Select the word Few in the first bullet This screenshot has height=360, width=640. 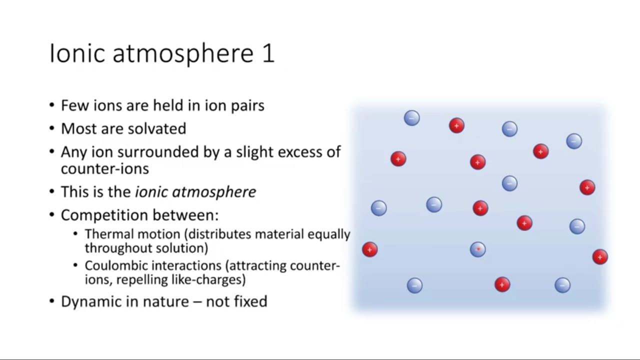tap(74, 105)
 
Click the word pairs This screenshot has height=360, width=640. tap(247, 106)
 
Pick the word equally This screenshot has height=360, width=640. tap(328, 235)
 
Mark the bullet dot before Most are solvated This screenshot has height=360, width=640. tap(51, 129)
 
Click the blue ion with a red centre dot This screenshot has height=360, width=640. tap(477, 249)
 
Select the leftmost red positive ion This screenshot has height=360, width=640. tap(369, 249)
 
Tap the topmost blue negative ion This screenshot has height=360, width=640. tap(411, 118)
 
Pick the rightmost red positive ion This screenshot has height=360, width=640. tap(600, 257)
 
